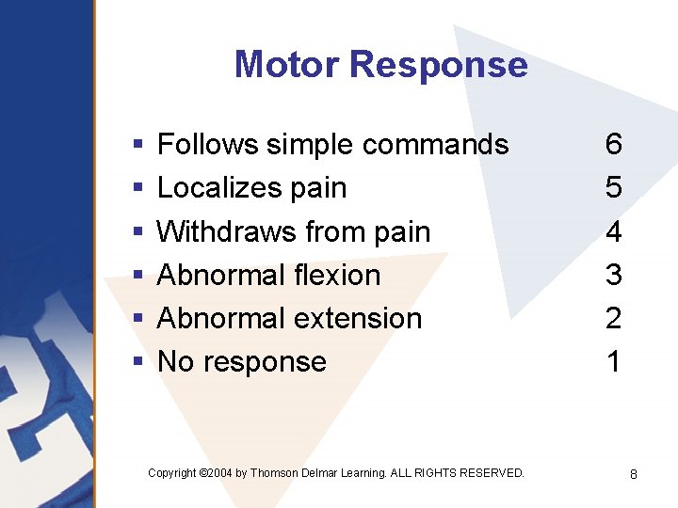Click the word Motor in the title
pyautogui.click(x=287, y=64)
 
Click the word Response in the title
pyautogui.click(x=438, y=64)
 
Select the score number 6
pyautogui.click(x=614, y=144)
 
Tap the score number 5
pyautogui.click(x=614, y=187)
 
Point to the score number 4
pyautogui.click(x=614, y=231)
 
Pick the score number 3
pyautogui.click(x=614, y=275)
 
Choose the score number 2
pyautogui.click(x=614, y=318)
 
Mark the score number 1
pyautogui.click(x=614, y=361)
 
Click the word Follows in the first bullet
pyautogui.click(x=207, y=144)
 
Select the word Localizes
pyautogui.click(x=213, y=187)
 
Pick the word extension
pyautogui.click(x=361, y=318)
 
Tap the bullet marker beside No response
pyautogui.click(x=137, y=362)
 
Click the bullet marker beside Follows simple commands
pyautogui.click(x=137, y=145)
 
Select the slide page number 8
pyautogui.click(x=634, y=475)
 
